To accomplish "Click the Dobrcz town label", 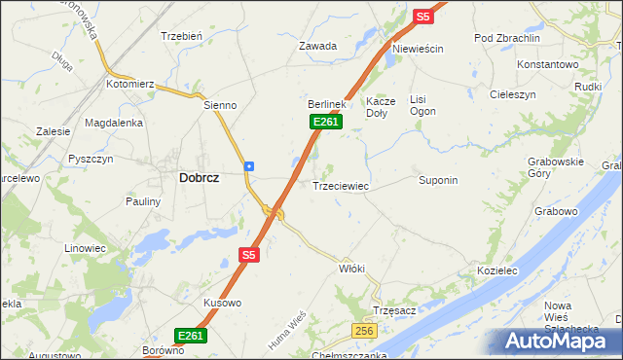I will tap(199, 178).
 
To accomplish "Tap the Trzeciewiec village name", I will tap(339, 185).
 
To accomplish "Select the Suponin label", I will tap(438, 180).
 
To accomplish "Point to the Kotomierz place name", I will tap(130, 85).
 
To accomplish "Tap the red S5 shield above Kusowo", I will tap(248, 255).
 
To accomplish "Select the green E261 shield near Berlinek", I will tap(325, 122).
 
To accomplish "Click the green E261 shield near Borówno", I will tap(191, 336).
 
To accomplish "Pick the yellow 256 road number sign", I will tap(363, 332).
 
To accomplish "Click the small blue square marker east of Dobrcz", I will tap(250, 165).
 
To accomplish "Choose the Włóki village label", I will tap(351, 268).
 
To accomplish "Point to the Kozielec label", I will tap(495, 270).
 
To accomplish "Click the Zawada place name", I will tap(317, 46).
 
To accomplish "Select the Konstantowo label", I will tap(548, 63).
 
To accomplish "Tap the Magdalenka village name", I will tap(114, 123).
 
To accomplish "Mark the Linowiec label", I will tap(85, 248).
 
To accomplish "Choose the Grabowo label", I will tap(556, 210).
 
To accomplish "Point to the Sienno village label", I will tap(220, 105).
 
